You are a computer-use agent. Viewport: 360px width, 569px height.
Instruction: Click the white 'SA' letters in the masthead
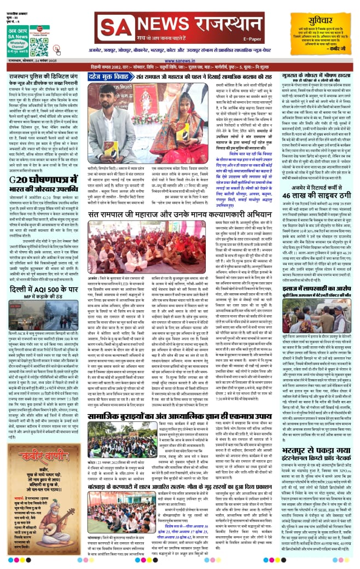coord(112,26)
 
